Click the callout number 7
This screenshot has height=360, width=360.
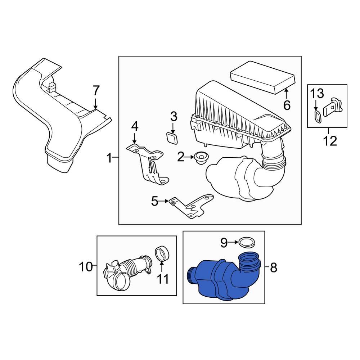pyautogui.click(x=95, y=90)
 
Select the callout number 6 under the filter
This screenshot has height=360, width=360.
pyautogui.click(x=287, y=105)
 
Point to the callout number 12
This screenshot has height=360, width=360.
pyautogui.click(x=330, y=140)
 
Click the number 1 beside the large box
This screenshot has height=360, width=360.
pyautogui.click(x=109, y=157)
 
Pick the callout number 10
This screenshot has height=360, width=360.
pyautogui.click(x=86, y=267)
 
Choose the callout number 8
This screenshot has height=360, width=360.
pyautogui.click(x=273, y=267)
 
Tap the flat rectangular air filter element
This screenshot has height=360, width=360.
pyautogui.click(x=262, y=78)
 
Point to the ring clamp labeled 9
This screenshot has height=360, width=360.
pyautogui.click(x=247, y=243)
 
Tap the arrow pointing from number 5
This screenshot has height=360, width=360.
pyautogui.click(x=165, y=202)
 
